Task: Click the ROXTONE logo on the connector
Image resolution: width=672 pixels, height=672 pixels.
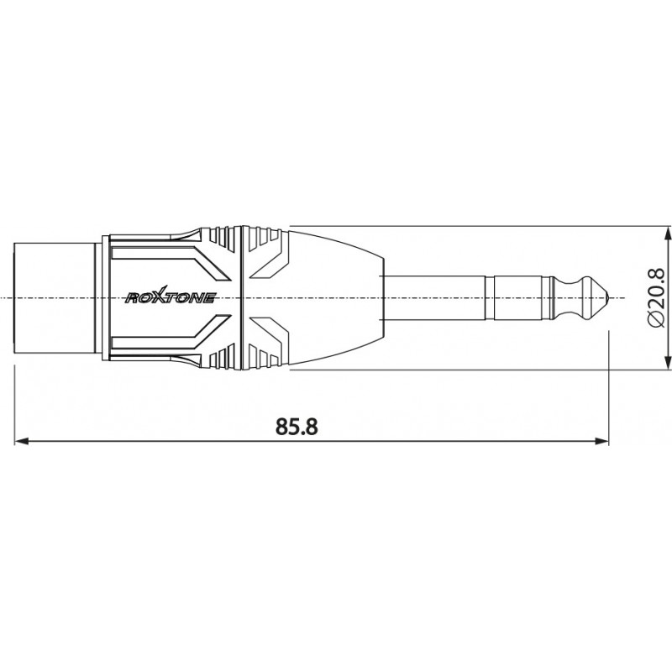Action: coord(171,297)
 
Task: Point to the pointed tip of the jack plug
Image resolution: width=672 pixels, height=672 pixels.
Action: coord(618,298)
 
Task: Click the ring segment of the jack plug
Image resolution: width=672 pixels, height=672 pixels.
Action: coord(520,298)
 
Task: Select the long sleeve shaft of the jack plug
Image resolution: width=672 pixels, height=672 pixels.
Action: coord(437,298)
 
